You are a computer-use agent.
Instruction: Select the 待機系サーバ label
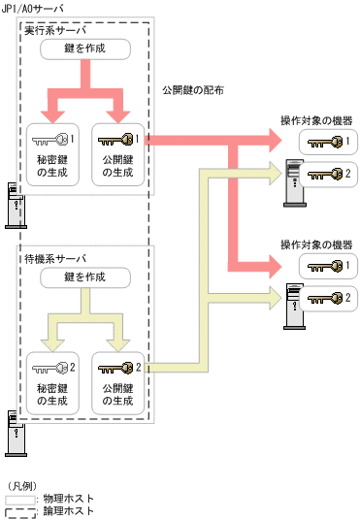point(53,259)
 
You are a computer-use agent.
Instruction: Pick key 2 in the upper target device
point(324,175)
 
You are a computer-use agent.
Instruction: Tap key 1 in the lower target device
point(324,265)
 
